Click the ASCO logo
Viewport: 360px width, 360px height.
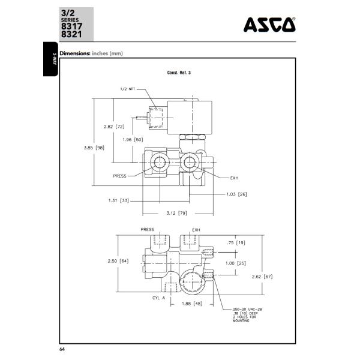(x=269, y=24)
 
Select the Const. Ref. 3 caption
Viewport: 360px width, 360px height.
(x=179, y=73)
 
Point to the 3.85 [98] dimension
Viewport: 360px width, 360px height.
(x=93, y=147)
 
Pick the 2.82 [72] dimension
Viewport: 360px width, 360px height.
(x=113, y=127)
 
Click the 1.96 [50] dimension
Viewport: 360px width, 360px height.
(x=133, y=139)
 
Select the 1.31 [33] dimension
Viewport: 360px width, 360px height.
(x=119, y=200)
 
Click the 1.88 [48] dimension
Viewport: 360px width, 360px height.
(x=191, y=304)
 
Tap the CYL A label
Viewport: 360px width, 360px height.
(x=151, y=298)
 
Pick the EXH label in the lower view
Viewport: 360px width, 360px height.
(x=196, y=230)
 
